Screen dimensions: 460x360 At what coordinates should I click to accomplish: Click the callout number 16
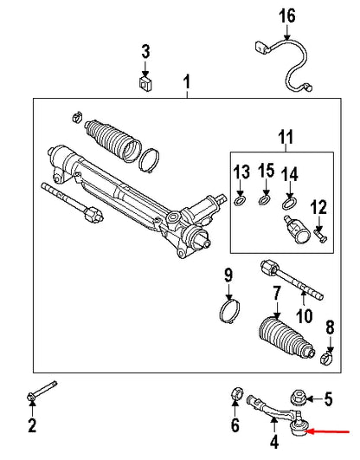point(286,16)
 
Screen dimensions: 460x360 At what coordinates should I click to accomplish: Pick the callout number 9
point(228,275)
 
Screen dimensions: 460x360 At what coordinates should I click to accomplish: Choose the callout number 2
point(32,424)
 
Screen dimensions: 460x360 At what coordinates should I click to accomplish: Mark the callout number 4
point(275,444)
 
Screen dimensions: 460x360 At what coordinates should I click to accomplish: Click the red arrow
point(333,430)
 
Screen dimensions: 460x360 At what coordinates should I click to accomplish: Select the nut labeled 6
point(235,398)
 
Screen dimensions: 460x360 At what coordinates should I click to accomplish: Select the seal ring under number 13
point(240,202)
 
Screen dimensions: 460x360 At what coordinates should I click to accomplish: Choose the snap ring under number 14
point(289,204)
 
